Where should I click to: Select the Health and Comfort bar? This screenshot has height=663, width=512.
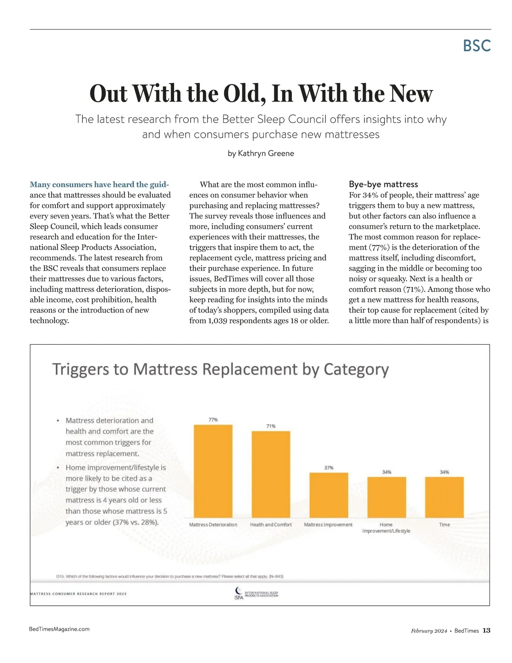[x=271, y=474]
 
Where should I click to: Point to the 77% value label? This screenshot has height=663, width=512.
[x=213, y=420]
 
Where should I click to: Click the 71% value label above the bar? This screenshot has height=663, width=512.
[x=271, y=426]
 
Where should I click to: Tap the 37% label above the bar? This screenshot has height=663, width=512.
[x=329, y=468]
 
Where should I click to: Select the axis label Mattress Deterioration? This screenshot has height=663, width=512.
[x=213, y=525]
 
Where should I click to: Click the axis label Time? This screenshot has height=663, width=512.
[x=444, y=525]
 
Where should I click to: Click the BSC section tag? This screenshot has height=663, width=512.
[x=477, y=46]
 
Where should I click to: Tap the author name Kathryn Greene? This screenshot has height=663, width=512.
[x=266, y=153]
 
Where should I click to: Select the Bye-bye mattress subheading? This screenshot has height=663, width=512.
[x=383, y=184]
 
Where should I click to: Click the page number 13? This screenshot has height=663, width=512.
[x=486, y=631]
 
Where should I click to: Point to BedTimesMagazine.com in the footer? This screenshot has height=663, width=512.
[x=59, y=629]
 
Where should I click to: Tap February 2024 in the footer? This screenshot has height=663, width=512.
[x=429, y=631]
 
